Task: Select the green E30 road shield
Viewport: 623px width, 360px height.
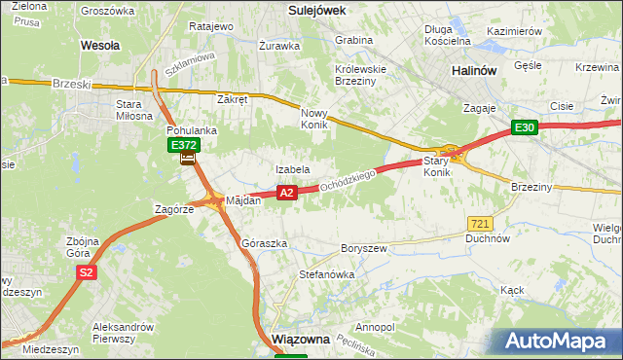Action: (526, 127)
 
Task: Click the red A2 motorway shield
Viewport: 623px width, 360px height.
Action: (286, 194)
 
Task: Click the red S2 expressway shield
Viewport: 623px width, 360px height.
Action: (86, 273)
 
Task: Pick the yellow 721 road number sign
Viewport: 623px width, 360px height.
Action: (479, 224)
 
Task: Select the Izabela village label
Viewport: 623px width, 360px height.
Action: (293, 169)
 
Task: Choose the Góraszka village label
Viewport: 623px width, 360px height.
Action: (264, 243)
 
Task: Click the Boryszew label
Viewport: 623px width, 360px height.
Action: (363, 249)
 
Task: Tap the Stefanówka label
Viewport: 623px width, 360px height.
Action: (326, 275)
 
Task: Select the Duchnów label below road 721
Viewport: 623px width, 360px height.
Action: (488, 237)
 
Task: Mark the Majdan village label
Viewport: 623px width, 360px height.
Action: (243, 199)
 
